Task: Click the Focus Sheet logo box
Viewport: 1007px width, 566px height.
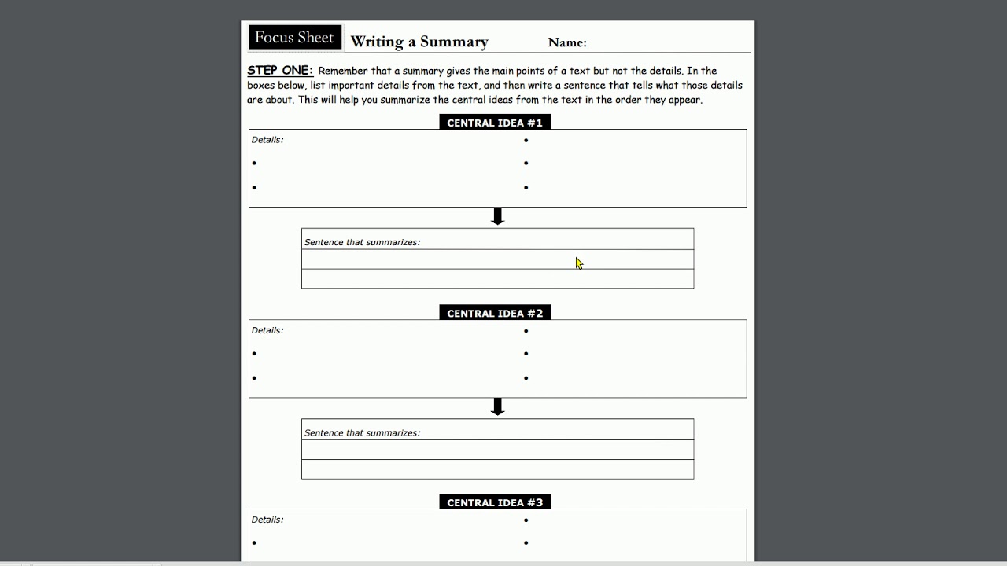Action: pyautogui.click(x=294, y=38)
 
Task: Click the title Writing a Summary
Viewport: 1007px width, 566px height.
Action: pyautogui.click(x=419, y=42)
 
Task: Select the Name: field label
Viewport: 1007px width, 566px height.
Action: pyautogui.click(x=567, y=42)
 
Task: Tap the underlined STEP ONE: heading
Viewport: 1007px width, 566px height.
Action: pyautogui.click(x=280, y=70)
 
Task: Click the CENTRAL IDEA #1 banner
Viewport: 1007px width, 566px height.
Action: pyautogui.click(x=495, y=123)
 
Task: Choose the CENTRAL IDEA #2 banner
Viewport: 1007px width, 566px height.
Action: pyautogui.click(x=495, y=313)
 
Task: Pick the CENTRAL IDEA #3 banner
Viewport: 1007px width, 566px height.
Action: pyautogui.click(x=495, y=502)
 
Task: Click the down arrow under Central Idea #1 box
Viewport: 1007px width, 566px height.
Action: pyautogui.click(x=497, y=216)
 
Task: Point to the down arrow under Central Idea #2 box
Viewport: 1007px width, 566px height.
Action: pyautogui.click(x=497, y=406)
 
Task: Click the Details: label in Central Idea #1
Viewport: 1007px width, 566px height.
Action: pyautogui.click(x=267, y=140)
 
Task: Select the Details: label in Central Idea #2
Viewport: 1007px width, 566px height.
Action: pyautogui.click(x=267, y=330)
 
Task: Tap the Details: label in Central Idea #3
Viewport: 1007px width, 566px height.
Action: pyautogui.click(x=267, y=520)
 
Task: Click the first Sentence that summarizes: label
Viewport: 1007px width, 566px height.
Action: pyautogui.click(x=362, y=242)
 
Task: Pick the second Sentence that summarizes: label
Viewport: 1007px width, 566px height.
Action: pyautogui.click(x=362, y=432)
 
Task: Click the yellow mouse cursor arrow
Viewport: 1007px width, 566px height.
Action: pyautogui.click(x=579, y=263)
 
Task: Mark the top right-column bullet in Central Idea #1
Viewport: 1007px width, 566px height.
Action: pyautogui.click(x=526, y=141)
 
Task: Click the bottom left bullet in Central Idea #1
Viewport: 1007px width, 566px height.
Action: pyautogui.click(x=254, y=188)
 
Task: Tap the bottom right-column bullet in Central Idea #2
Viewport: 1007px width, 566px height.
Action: pyautogui.click(x=526, y=378)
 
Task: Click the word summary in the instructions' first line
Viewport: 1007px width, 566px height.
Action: pyautogui.click(x=423, y=71)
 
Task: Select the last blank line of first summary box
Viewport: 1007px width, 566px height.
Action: pyautogui.click(x=497, y=279)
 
